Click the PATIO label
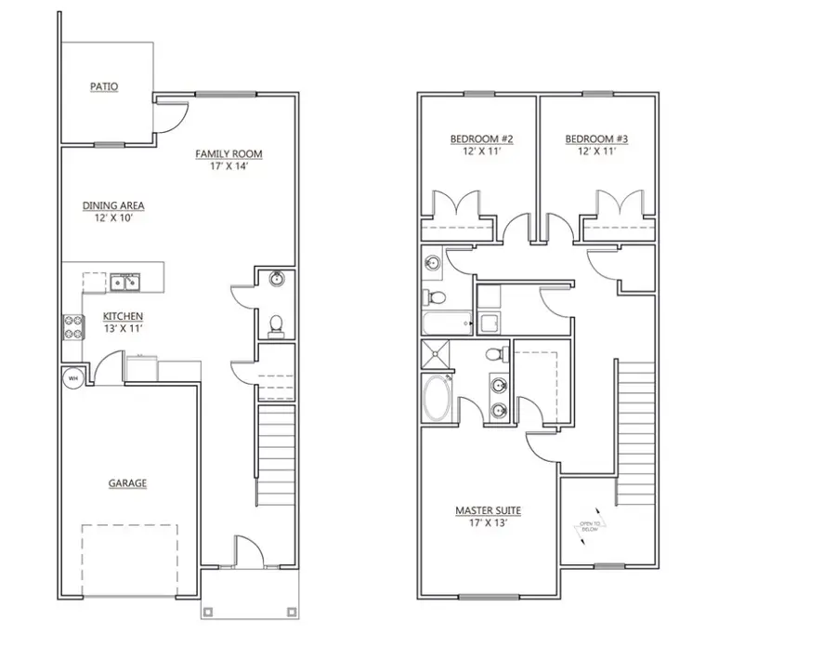(x=104, y=86)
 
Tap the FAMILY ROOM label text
(x=229, y=154)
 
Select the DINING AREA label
(x=113, y=206)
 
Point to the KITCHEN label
(x=123, y=316)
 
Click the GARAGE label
(x=127, y=483)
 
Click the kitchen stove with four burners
(x=72, y=325)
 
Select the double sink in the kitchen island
(x=124, y=281)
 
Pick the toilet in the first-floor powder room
(x=275, y=323)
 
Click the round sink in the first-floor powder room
(x=276, y=279)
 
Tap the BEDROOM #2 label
(x=482, y=139)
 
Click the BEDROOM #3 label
(x=597, y=139)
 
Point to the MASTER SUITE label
(x=488, y=510)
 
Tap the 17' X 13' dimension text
(x=488, y=522)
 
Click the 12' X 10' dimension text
(x=113, y=218)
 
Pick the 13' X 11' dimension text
(x=123, y=328)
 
